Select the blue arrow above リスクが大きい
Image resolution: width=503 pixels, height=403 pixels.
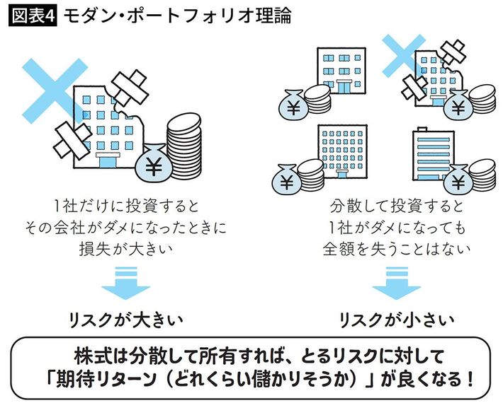point(125,284)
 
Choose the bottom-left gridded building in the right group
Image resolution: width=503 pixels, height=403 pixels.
point(344,153)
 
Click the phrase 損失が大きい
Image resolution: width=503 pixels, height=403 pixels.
point(126,248)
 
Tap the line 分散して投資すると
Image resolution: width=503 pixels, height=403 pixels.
point(397,206)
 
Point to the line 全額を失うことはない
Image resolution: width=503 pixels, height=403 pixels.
point(397,248)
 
